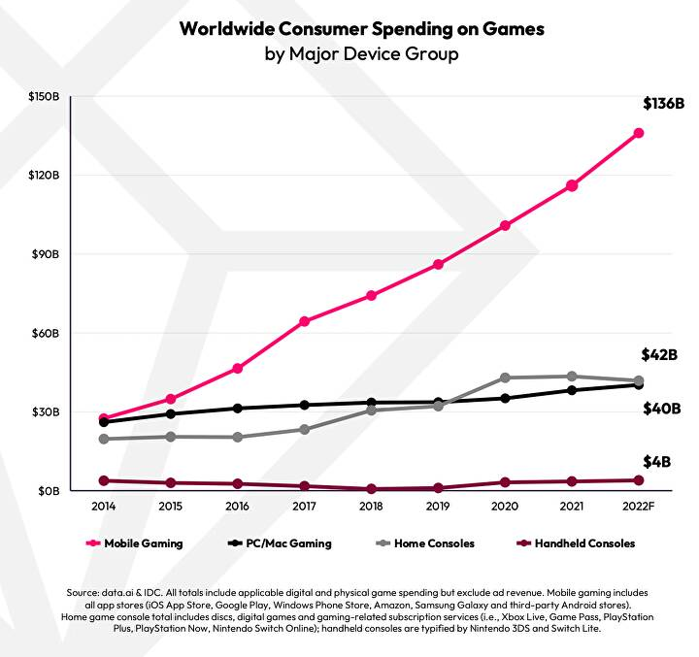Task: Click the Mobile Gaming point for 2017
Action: [x=304, y=321]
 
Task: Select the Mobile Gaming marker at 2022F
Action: [x=639, y=133]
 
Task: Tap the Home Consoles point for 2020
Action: [x=505, y=378]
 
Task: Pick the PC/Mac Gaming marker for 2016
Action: [x=237, y=409]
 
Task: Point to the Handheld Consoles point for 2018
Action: [x=371, y=489]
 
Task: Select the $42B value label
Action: [x=658, y=355]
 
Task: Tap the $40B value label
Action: [x=662, y=409]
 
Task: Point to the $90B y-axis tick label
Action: [x=45, y=254]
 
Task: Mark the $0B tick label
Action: [x=48, y=491]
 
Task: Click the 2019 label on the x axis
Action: [x=438, y=507]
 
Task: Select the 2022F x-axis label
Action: [x=639, y=507]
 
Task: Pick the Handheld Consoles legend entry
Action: [x=579, y=543]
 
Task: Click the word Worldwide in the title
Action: [x=230, y=28]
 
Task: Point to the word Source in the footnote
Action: [x=84, y=591]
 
